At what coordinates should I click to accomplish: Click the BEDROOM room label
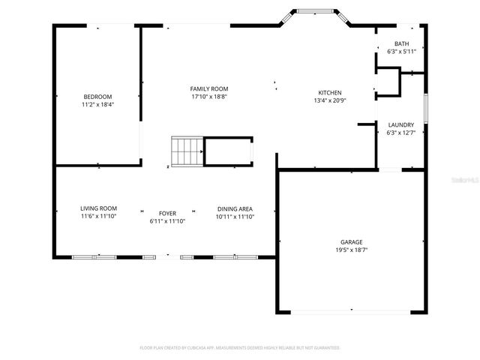pos(97,97)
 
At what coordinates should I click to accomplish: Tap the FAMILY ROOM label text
pos(208,89)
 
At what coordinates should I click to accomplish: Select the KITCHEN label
pos(329,93)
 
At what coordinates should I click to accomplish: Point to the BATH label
pos(401,44)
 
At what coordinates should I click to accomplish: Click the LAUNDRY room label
pos(400,124)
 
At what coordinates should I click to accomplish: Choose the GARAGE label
pos(351,242)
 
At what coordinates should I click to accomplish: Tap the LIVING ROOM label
pos(99,208)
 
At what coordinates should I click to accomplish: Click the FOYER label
pos(167,214)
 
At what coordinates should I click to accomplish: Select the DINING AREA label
pos(235,208)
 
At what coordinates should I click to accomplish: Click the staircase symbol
pos(187,151)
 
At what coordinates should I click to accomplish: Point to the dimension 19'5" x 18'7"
pos(351,250)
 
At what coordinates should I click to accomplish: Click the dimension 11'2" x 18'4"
pos(97,105)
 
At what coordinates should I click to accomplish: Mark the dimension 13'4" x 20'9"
pos(329,101)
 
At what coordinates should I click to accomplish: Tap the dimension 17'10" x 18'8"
pos(208,97)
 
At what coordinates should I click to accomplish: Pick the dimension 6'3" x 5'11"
pos(401,52)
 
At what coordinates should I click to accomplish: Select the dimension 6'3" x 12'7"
pos(400,133)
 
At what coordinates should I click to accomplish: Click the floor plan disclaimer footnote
pos(240,348)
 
